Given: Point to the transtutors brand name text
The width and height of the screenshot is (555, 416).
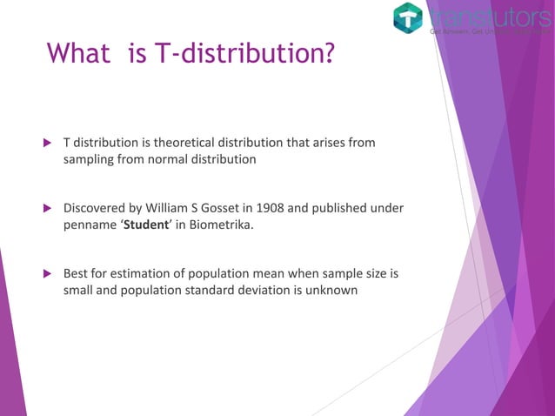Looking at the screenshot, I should point(489,16).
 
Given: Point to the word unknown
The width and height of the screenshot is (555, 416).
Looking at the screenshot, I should point(331,292).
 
